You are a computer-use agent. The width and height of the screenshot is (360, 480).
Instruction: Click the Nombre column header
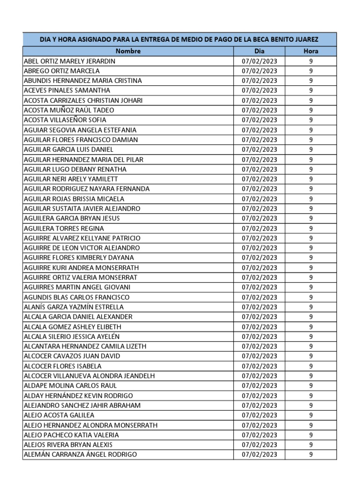128,51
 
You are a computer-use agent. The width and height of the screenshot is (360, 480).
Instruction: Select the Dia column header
259,51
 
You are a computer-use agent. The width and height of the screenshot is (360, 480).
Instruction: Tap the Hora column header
311,51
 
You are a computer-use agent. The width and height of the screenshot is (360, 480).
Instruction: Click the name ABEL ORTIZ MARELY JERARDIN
69,61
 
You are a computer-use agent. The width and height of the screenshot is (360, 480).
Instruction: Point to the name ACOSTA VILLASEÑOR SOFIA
65,120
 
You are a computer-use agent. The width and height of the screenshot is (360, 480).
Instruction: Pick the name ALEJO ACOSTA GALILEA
59,415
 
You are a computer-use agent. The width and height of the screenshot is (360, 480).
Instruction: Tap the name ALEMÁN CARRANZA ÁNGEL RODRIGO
80,454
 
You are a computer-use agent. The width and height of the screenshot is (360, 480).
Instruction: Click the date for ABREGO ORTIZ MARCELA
259,71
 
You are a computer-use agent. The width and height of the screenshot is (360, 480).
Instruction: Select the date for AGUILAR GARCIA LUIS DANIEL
259,150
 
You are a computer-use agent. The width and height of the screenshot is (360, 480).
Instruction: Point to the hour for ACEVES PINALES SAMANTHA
311,90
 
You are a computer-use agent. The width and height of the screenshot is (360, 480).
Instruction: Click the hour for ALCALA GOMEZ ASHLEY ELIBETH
311,327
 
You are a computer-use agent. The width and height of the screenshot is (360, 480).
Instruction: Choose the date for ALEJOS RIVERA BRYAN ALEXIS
259,444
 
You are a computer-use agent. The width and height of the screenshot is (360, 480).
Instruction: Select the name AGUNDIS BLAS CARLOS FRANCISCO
76,297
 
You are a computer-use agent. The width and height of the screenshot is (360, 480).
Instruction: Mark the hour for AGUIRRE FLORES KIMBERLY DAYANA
311,258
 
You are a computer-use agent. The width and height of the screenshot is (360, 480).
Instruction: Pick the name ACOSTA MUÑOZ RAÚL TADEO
68,110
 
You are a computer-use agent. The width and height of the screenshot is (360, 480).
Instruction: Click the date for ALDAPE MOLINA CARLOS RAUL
259,386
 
